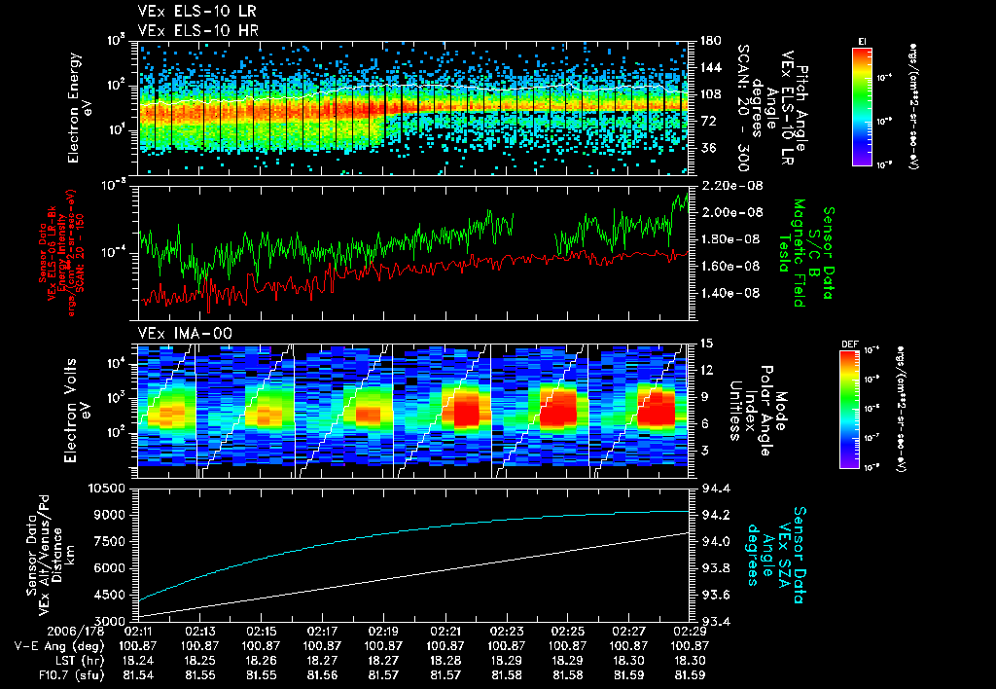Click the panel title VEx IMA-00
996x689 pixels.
(176, 333)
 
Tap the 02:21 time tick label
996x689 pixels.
(445, 631)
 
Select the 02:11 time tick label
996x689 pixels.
(139, 631)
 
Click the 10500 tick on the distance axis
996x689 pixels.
(110, 488)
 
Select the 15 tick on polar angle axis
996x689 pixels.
(705, 344)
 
